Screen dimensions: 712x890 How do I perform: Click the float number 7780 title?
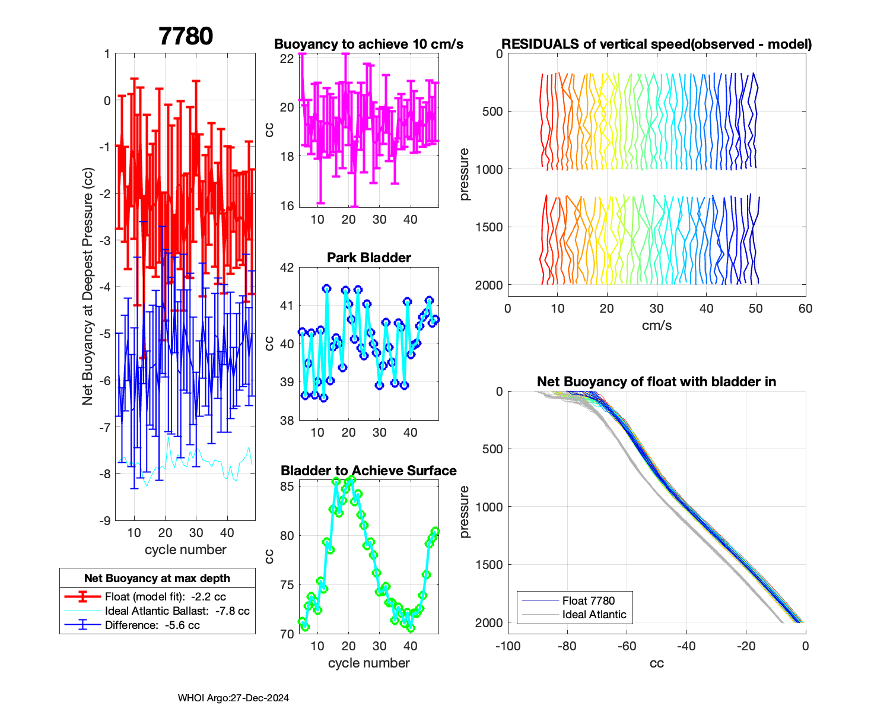[186, 36]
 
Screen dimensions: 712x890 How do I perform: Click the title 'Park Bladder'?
[369, 258]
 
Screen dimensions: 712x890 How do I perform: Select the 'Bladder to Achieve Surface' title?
[368, 471]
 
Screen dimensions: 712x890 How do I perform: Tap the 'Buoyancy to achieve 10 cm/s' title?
[368, 44]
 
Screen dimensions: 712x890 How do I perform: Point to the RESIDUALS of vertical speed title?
[656, 44]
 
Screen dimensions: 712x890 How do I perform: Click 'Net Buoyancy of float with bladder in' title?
[656, 382]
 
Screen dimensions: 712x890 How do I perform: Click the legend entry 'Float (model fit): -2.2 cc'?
[165, 597]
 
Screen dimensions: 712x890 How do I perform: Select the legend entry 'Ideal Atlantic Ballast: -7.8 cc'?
[177, 611]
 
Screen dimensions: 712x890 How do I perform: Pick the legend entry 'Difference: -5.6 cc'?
[152, 625]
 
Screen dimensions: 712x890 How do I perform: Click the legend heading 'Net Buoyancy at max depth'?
[157, 578]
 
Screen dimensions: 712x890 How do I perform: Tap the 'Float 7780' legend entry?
[588, 601]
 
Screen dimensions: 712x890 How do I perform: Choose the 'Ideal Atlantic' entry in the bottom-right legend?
[594, 615]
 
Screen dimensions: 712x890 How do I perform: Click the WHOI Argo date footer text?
[233, 698]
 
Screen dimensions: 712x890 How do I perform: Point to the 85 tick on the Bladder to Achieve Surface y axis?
[287, 487]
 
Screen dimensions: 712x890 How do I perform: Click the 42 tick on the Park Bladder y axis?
[287, 268]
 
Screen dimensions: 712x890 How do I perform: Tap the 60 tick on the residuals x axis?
[805, 309]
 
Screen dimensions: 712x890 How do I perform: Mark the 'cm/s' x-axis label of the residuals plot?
[656, 326]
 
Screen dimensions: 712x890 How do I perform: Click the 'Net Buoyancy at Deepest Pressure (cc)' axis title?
[88, 287]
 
